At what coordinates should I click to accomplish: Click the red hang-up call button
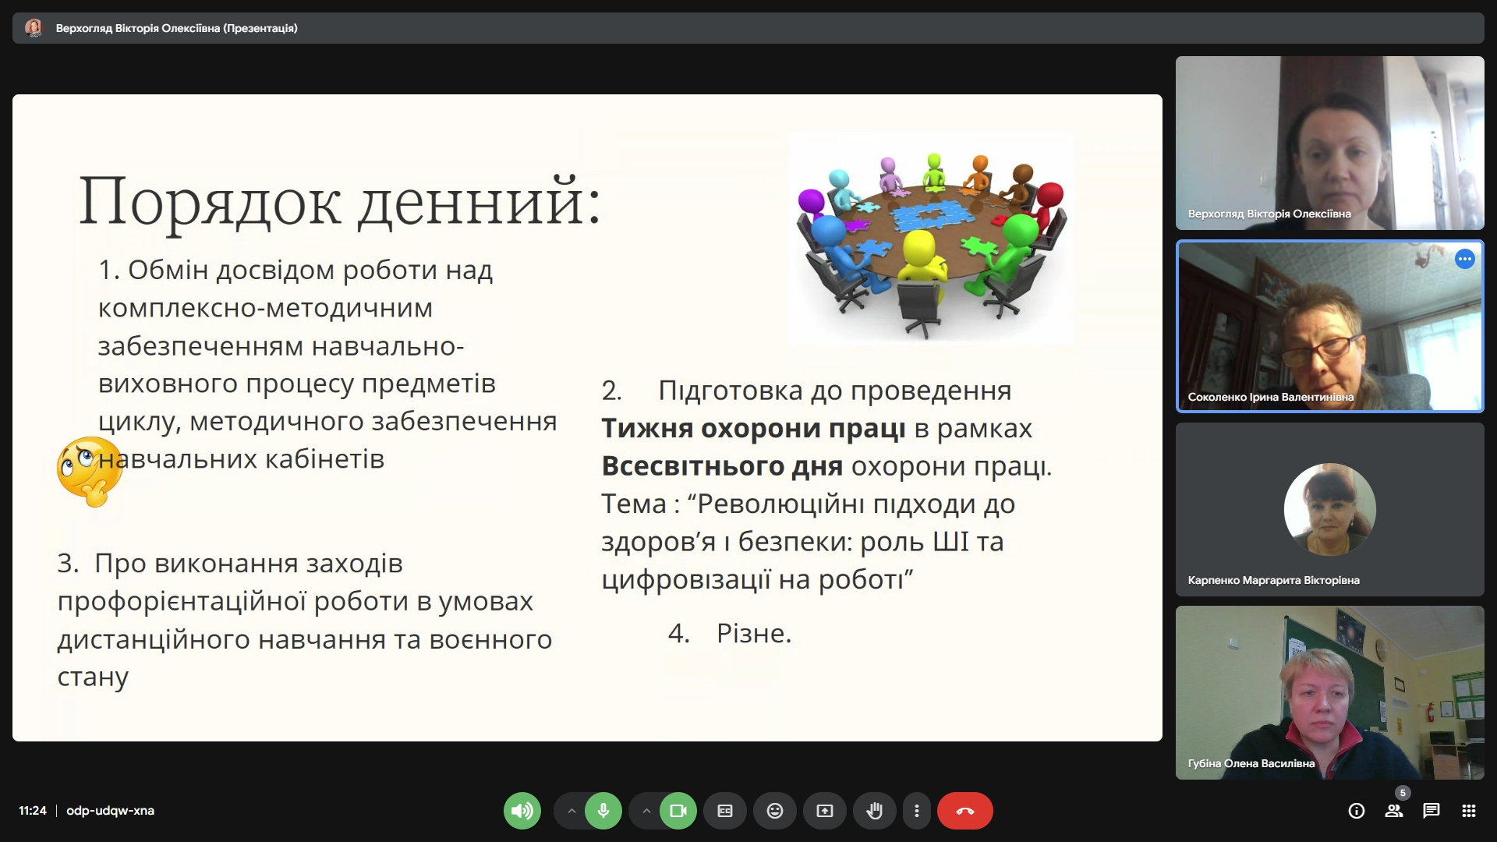pyautogui.click(x=964, y=811)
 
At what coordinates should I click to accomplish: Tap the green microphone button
pyautogui.click(x=603, y=811)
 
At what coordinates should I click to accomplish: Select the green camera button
pyautogui.click(x=678, y=811)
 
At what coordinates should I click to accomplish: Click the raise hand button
pyautogui.click(x=875, y=811)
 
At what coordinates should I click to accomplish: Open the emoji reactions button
pyautogui.click(x=775, y=811)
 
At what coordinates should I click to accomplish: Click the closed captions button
pyautogui.click(x=725, y=811)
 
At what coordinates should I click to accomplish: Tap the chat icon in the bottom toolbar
pyautogui.click(x=1431, y=811)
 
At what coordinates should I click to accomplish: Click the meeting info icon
pyautogui.click(x=1357, y=811)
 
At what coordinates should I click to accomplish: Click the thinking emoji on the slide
pyautogui.click(x=90, y=471)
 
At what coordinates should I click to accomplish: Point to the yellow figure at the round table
pyautogui.click(x=922, y=257)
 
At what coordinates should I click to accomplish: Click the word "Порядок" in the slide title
pyautogui.click(x=210, y=201)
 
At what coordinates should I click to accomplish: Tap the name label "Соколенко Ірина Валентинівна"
pyautogui.click(x=1271, y=397)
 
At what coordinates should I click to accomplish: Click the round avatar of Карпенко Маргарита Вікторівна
pyautogui.click(x=1330, y=509)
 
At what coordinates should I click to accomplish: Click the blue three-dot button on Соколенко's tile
pyautogui.click(x=1465, y=259)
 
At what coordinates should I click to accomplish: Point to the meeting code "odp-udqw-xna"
pyautogui.click(x=110, y=811)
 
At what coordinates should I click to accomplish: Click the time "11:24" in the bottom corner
pyautogui.click(x=33, y=811)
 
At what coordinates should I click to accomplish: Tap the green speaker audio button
pyautogui.click(x=522, y=811)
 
